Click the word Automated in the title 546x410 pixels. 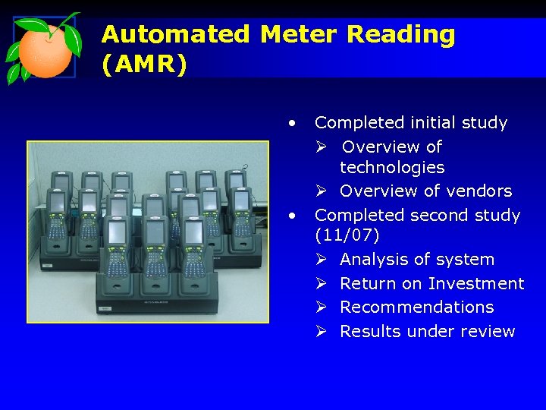175,34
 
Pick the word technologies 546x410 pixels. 392,167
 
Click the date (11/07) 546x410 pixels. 347,235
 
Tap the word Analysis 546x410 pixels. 375,259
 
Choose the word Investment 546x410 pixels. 475,283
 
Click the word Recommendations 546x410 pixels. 416,307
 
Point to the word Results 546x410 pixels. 370,331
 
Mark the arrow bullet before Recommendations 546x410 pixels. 322,307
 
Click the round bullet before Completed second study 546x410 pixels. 291,216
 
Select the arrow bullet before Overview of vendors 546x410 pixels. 322,191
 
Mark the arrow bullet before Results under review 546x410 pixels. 322,332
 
